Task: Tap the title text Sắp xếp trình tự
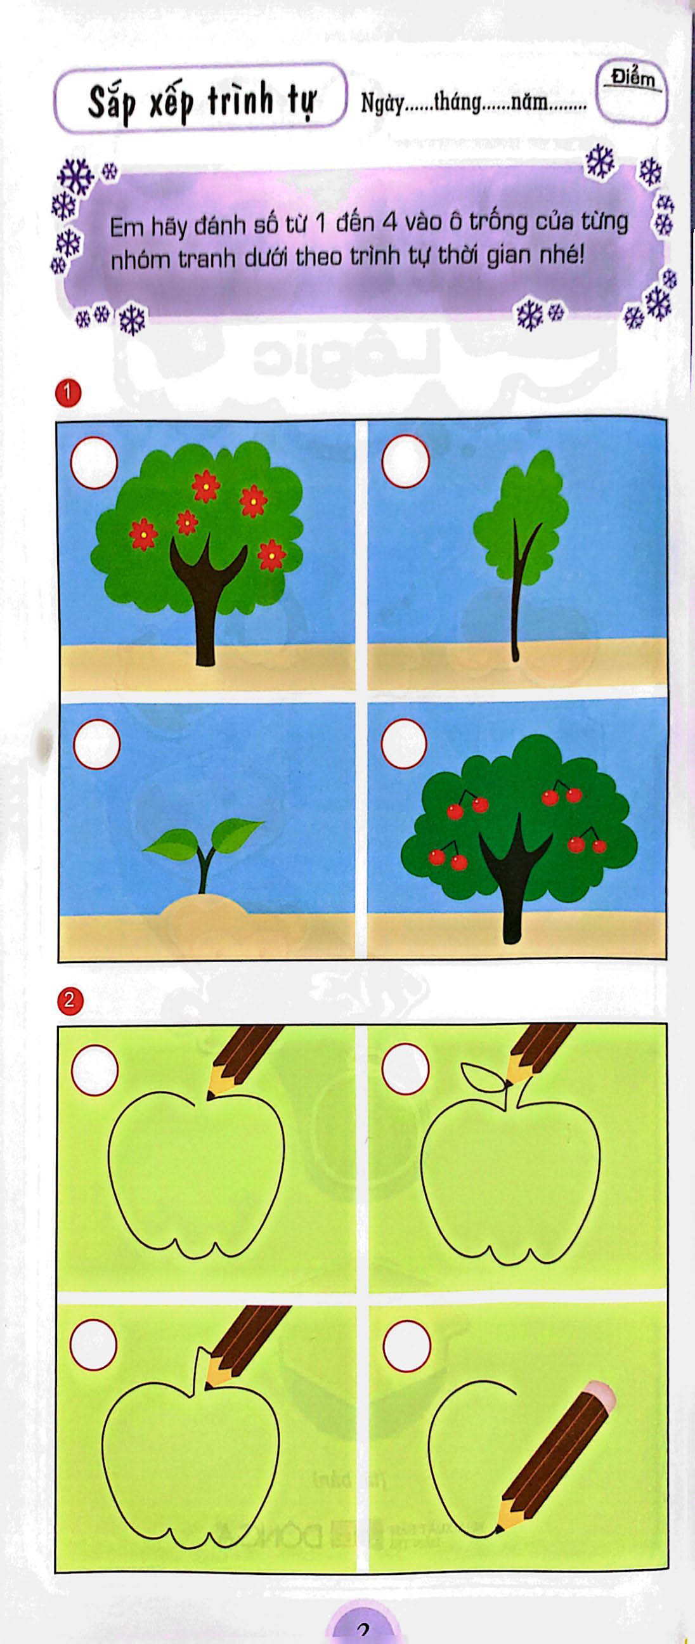(x=201, y=102)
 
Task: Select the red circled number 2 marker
(x=70, y=999)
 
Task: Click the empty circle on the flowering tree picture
(x=94, y=463)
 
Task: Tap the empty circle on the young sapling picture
(x=405, y=463)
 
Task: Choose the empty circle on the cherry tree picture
(x=404, y=743)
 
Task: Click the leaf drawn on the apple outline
(x=483, y=1075)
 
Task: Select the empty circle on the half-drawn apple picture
(x=406, y=1343)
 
